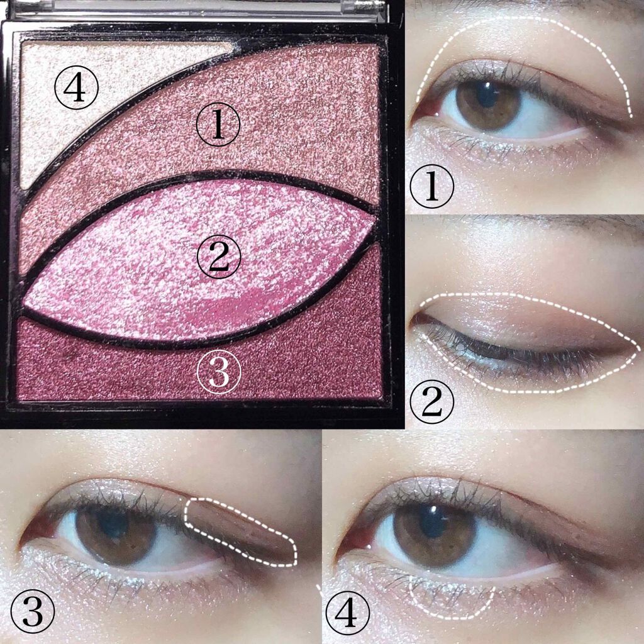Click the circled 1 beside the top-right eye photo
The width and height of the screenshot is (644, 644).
tap(432, 186)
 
